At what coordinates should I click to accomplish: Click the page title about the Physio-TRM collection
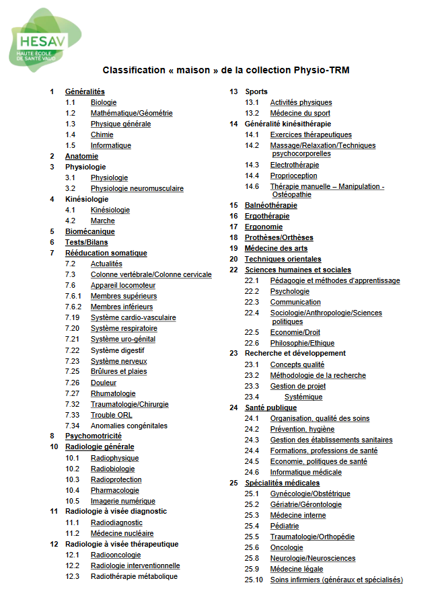pyautogui.click(x=226, y=70)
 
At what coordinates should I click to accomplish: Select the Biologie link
pyautogui.click(x=104, y=102)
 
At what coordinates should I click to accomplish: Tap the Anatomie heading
pyautogui.click(x=81, y=156)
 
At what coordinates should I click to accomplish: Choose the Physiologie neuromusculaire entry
pyautogui.click(x=137, y=188)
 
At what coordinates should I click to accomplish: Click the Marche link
pyautogui.click(x=102, y=221)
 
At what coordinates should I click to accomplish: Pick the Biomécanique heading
pyautogui.click(x=89, y=231)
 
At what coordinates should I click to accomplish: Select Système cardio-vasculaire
pyautogui.click(x=133, y=317)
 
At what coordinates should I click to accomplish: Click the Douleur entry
pyautogui.click(x=104, y=383)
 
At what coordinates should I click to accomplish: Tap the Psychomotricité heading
pyautogui.click(x=93, y=436)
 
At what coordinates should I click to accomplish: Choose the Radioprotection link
pyautogui.click(x=116, y=479)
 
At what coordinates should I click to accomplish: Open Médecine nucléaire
pyautogui.click(x=122, y=533)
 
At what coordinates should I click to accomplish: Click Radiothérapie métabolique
pyautogui.click(x=134, y=576)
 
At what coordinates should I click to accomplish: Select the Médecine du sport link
pyautogui.click(x=300, y=113)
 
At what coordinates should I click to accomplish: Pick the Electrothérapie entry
pyautogui.click(x=295, y=165)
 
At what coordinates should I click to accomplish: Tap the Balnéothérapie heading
pyautogui.click(x=270, y=205)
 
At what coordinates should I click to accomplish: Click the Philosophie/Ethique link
pyautogui.click(x=302, y=343)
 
